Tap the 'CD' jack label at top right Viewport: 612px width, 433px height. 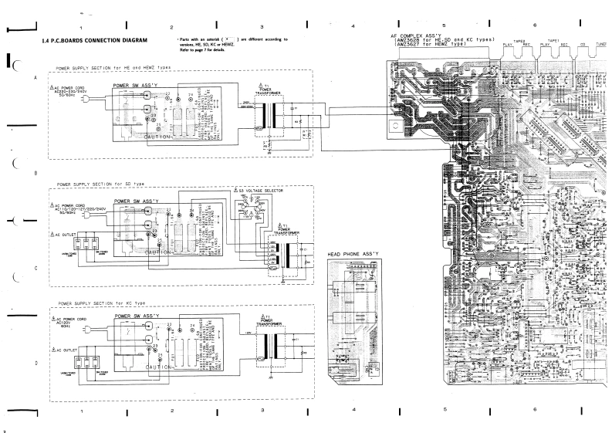click(x=583, y=45)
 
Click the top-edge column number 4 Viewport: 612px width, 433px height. click(x=353, y=27)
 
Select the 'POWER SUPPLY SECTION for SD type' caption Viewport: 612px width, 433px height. click(x=100, y=185)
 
